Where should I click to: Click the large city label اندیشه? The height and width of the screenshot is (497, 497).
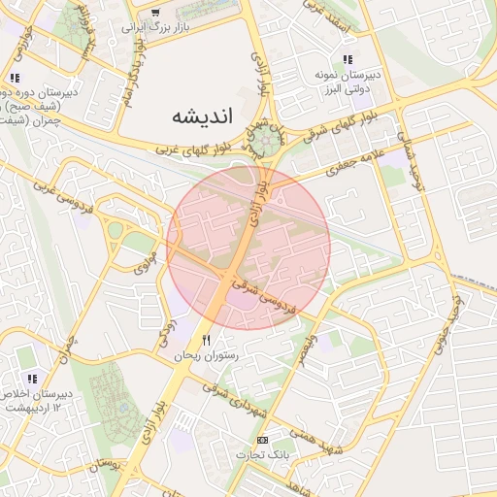(203, 116)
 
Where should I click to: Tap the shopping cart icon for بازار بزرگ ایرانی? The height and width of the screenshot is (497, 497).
(155, 12)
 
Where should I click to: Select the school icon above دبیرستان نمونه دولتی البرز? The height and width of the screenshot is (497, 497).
(348, 59)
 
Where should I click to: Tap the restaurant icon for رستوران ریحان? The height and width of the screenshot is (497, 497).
(206, 340)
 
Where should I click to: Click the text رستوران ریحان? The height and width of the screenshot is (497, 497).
(206, 356)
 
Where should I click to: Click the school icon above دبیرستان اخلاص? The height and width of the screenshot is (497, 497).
(32, 379)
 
